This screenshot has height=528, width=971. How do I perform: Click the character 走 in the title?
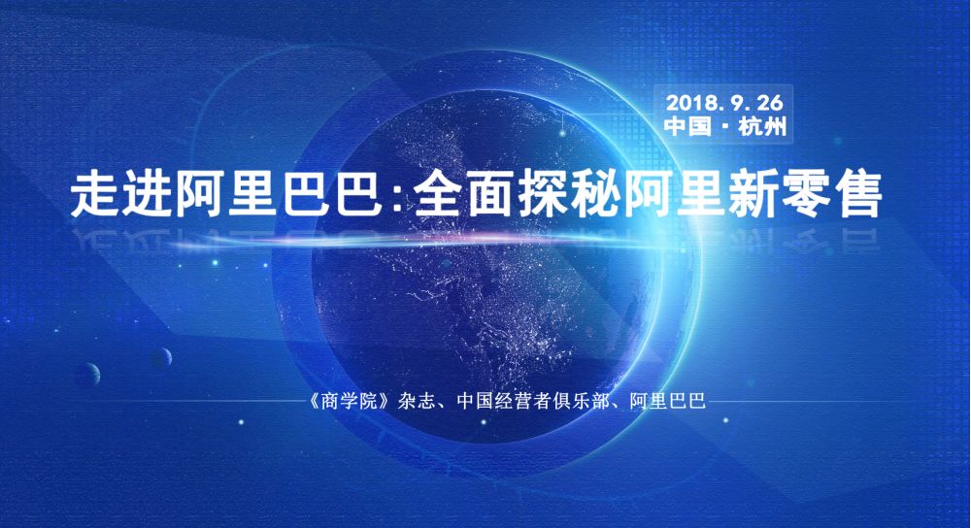click(95, 195)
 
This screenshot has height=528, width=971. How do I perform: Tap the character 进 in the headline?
click(148, 195)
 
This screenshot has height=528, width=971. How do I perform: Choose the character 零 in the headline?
click(804, 195)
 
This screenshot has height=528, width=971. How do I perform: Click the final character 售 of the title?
click(856, 195)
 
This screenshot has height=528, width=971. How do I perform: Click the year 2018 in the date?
click(686, 102)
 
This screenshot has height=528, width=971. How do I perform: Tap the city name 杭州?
click(763, 126)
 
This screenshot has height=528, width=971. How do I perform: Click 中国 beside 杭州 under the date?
click(687, 126)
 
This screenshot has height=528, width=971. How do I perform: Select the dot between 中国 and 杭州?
click(725, 127)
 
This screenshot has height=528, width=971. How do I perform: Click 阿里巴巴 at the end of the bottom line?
click(668, 401)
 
